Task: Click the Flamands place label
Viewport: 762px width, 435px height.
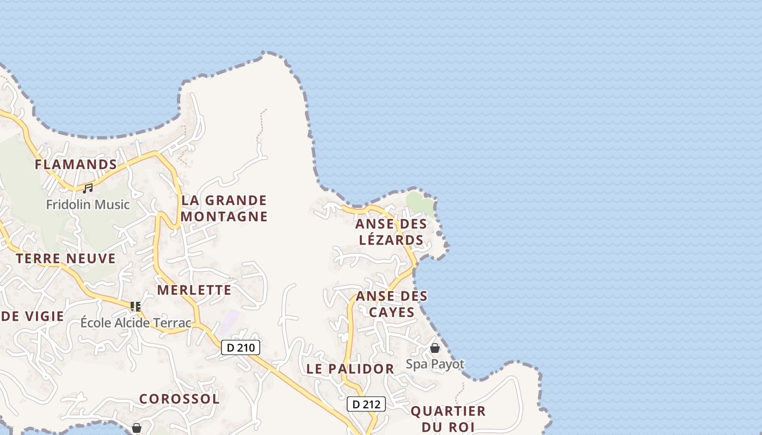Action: point(76,164)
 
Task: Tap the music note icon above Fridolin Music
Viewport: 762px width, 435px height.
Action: point(88,189)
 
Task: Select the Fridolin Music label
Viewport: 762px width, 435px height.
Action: point(88,205)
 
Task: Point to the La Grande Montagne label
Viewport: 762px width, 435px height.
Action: point(224,208)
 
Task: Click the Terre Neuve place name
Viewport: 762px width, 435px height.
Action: point(66,258)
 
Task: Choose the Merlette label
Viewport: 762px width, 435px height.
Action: point(194,290)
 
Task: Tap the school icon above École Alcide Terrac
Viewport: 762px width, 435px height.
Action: point(136,307)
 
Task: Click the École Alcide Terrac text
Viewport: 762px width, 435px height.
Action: point(136,323)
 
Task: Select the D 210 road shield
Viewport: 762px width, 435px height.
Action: point(241,347)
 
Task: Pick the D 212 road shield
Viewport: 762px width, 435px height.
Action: point(366,404)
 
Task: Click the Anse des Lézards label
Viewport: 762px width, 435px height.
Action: point(391,232)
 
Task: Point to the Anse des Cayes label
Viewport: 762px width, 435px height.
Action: point(391,304)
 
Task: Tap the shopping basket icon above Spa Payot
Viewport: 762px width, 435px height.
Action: point(435,348)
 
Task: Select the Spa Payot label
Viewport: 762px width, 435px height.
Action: point(435,364)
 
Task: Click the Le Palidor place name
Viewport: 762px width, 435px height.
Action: point(350,369)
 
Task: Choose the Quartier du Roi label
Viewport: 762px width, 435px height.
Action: point(448,419)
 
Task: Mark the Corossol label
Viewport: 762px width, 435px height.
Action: point(180,399)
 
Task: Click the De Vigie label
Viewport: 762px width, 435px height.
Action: point(33,316)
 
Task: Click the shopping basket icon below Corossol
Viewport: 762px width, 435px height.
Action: point(137,428)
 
